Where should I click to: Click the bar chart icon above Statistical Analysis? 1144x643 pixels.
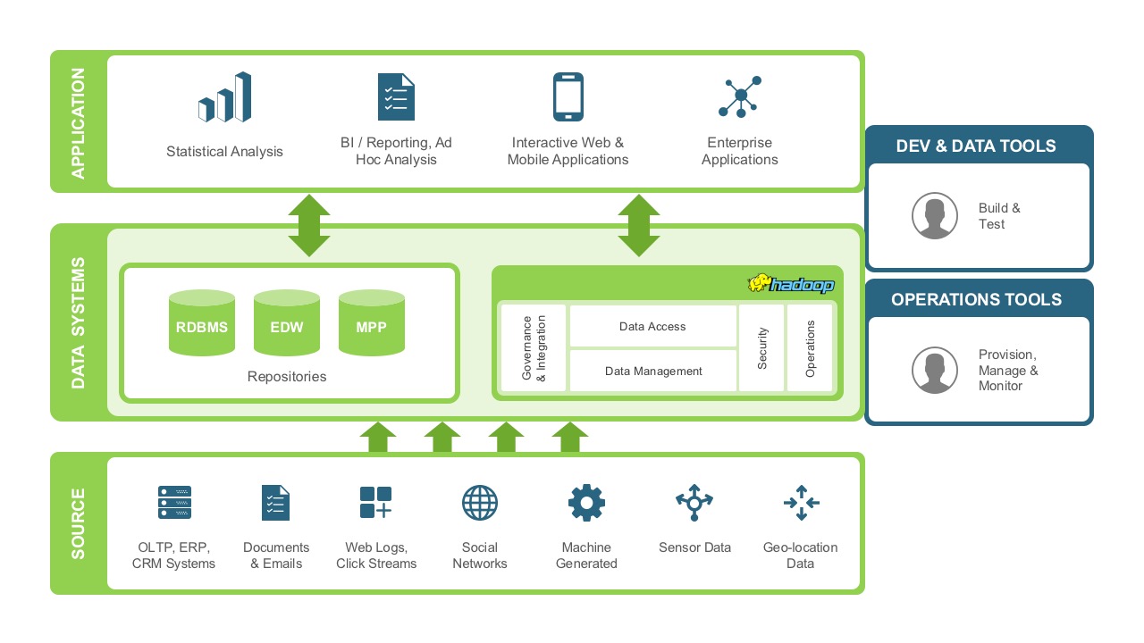coord(224,97)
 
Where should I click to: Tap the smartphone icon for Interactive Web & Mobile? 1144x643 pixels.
coord(568,96)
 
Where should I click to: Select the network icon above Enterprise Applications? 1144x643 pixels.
coord(739,96)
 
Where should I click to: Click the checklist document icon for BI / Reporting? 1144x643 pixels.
coord(396,96)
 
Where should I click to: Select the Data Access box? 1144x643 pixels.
coord(652,327)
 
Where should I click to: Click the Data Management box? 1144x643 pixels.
coord(652,371)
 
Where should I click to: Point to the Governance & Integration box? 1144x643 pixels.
coord(534,348)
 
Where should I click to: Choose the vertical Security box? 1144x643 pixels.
coord(762,348)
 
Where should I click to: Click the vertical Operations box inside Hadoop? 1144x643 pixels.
coord(811,348)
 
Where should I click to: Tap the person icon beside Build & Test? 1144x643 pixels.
coord(935,216)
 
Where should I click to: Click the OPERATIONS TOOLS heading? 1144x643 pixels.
coord(977,300)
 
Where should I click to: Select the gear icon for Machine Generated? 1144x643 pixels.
coord(586,503)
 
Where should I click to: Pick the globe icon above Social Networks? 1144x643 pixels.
coord(480,503)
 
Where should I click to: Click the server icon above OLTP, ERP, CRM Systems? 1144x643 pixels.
coord(174,503)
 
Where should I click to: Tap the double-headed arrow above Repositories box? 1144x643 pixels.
coord(309,225)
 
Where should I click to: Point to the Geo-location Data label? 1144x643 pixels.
coord(800,555)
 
